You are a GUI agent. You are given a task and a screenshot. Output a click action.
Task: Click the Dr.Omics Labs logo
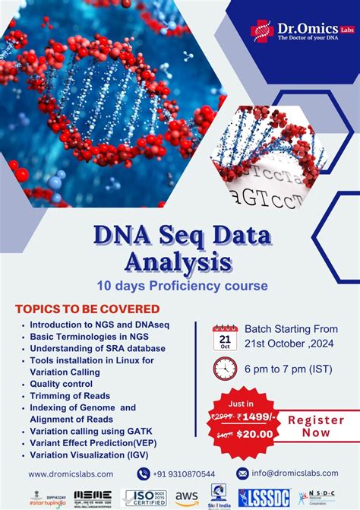click(x=300, y=31)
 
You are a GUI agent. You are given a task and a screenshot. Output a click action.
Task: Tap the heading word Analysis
click(x=180, y=262)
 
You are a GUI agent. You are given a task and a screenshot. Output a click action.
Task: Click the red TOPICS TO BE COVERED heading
click(x=87, y=309)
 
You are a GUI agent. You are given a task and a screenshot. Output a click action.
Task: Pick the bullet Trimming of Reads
click(x=70, y=395)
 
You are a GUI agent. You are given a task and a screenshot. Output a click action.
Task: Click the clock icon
click(x=225, y=369)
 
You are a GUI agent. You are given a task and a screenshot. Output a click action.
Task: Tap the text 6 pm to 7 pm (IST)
click(x=282, y=369)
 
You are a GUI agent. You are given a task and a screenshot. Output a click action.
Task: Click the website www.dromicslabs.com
click(x=71, y=474)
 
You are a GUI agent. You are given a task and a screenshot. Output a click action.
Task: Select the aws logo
click(x=187, y=496)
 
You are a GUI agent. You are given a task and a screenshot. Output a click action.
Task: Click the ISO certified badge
click(x=145, y=497)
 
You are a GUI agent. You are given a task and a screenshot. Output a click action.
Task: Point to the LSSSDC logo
click(x=264, y=497)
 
